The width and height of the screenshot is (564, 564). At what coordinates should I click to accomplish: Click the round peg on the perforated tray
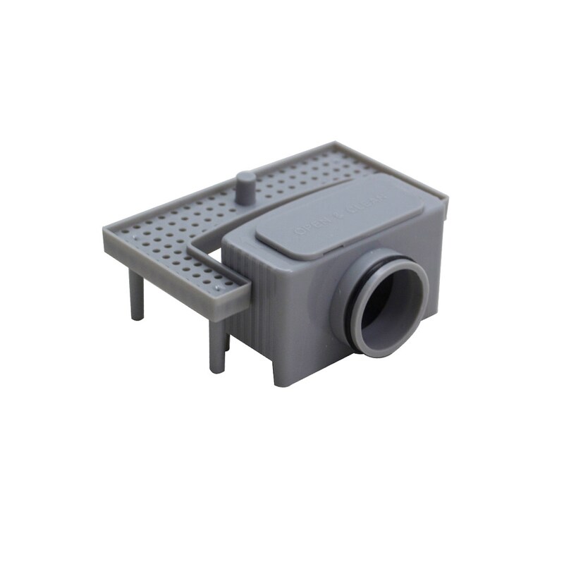coord(245,188)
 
